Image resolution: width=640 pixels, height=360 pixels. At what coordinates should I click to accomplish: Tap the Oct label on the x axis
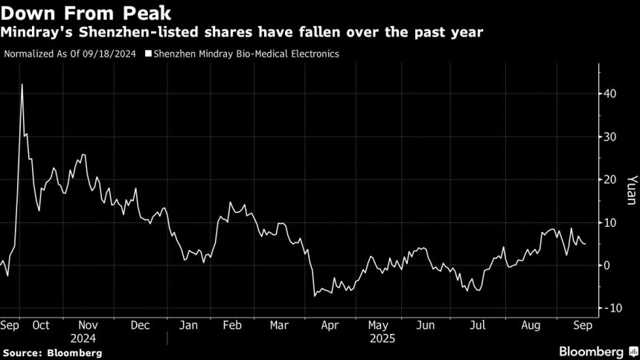click(42, 325)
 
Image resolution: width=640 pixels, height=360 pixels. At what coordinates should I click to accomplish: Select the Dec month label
click(141, 325)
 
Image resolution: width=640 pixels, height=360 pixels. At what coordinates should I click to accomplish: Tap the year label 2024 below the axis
click(89, 337)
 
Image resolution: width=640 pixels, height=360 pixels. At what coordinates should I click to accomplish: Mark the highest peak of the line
click(22, 84)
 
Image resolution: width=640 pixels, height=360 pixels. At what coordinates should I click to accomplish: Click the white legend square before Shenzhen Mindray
click(149, 54)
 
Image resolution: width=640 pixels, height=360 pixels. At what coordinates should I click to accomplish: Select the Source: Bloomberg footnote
click(52, 352)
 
